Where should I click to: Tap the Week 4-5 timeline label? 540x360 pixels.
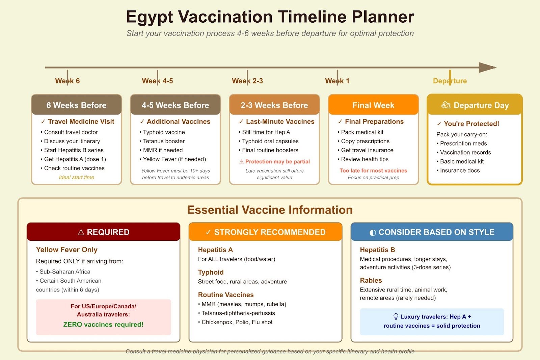pyautogui.click(x=157, y=81)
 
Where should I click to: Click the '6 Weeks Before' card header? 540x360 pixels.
pyautogui.click(x=76, y=105)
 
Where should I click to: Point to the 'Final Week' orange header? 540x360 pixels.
pyautogui.click(x=373, y=105)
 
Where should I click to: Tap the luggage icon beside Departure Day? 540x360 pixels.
pyautogui.click(x=446, y=105)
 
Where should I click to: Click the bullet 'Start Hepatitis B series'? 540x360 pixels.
pyautogui.click(x=74, y=150)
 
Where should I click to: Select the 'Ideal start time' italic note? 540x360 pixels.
pyautogui.click(x=76, y=177)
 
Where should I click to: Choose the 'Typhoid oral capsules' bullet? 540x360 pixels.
pyautogui.click(x=270, y=141)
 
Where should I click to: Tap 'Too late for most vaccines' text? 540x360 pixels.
pyautogui.click(x=373, y=171)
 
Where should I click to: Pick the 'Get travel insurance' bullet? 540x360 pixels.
pyautogui.click(x=367, y=150)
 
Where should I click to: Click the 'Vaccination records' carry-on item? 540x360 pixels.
pyautogui.click(x=465, y=153)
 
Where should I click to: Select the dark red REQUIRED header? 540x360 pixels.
pyautogui.click(x=103, y=232)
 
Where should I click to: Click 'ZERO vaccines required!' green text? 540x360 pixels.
pyautogui.click(x=103, y=325)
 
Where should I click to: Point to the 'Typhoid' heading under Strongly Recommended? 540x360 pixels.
pyautogui.click(x=211, y=272)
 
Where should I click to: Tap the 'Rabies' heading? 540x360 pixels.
pyautogui.click(x=371, y=280)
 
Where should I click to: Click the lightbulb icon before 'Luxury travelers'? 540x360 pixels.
pyautogui.click(x=396, y=317)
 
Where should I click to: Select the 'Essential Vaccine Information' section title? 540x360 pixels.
pyautogui.click(x=270, y=210)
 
